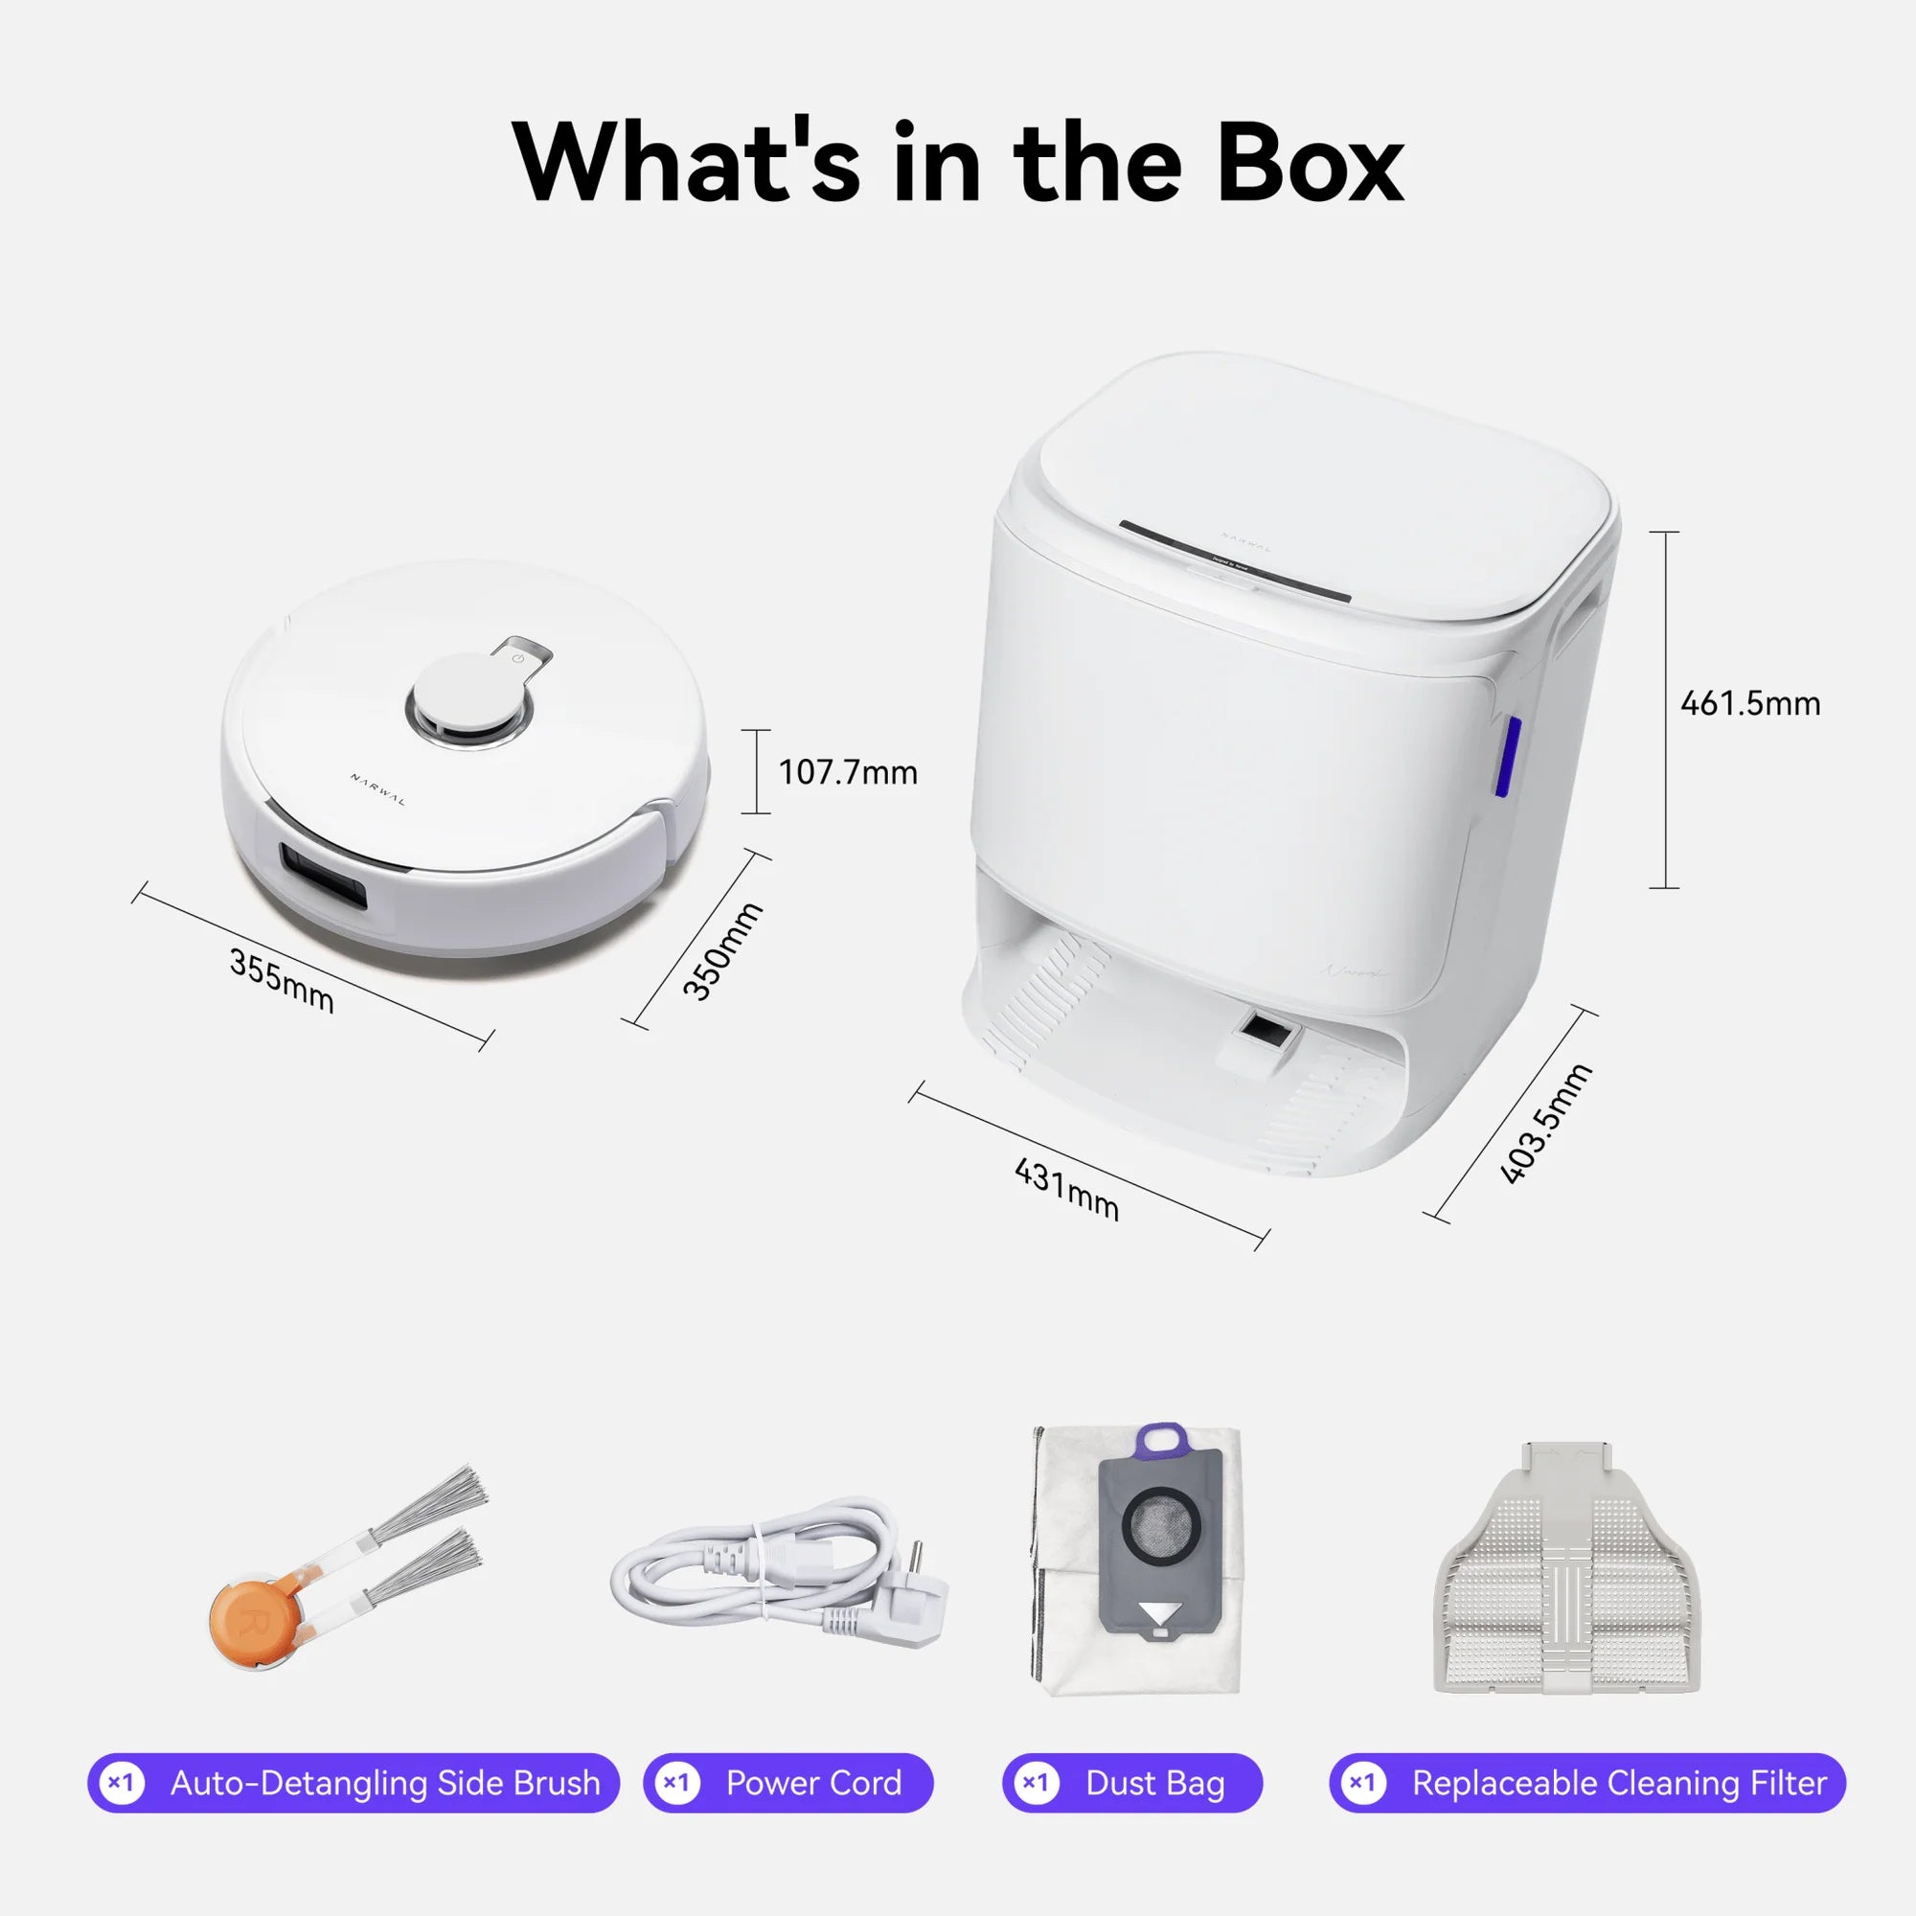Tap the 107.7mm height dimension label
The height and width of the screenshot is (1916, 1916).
pyautogui.click(x=848, y=772)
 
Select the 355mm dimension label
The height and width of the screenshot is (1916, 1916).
pyautogui.click(x=282, y=981)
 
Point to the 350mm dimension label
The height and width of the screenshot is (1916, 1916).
pyautogui.click(x=723, y=951)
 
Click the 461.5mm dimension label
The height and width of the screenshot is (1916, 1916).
pyautogui.click(x=1750, y=704)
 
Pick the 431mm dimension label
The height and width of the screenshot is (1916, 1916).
pyautogui.click(x=1067, y=1190)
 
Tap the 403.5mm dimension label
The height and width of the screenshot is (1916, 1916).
pyautogui.click(x=1544, y=1124)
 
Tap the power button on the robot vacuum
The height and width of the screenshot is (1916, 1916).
pyautogui.click(x=517, y=657)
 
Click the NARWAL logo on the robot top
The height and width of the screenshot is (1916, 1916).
pyautogui.click(x=377, y=789)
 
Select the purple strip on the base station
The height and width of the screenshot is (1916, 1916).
pyautogui.click(x=1503, y=756)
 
